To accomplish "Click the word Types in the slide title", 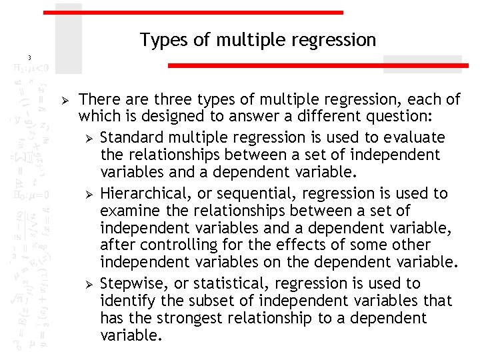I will pyautogui.click(x=160, y=41).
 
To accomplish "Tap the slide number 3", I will pyautogui.click(x=29, y=57).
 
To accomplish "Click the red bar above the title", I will pyautogui.click(x=193, y=12).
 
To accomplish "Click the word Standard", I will pyautogui.click(x=131, y=137).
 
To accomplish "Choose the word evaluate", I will pyautogui.click(x=415, y=137).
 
